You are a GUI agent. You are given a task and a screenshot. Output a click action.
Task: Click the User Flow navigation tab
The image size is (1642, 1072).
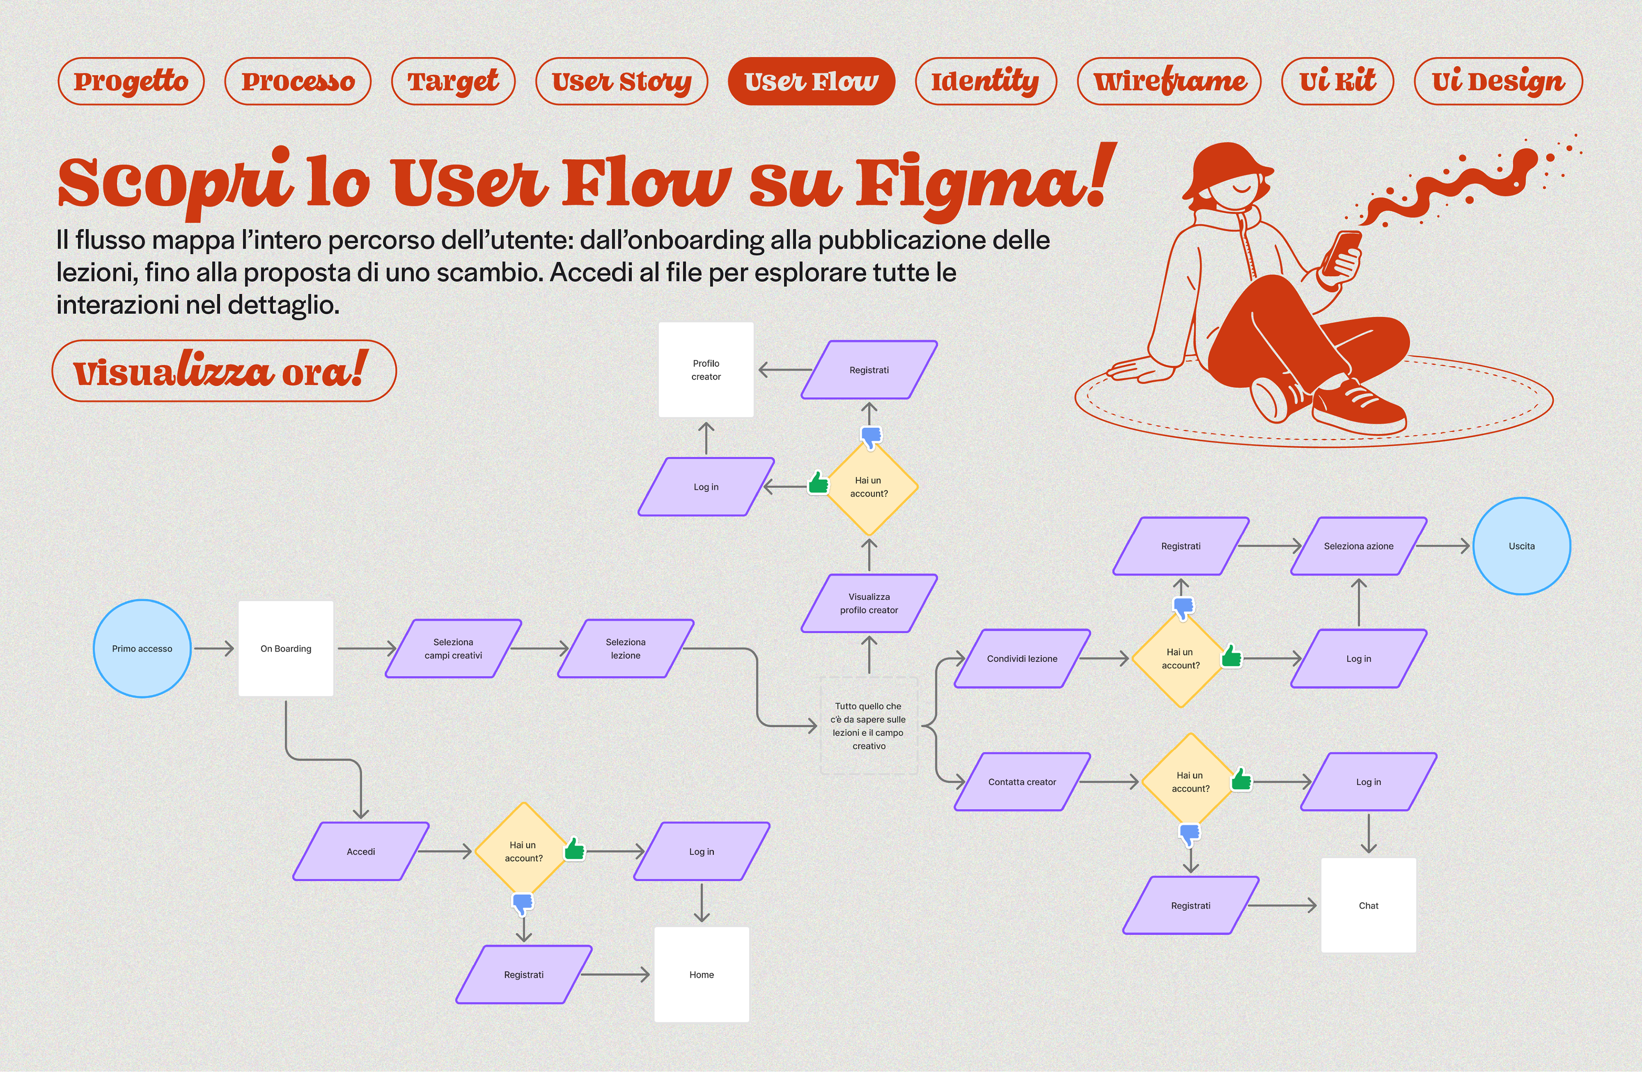click(x=811, y=81)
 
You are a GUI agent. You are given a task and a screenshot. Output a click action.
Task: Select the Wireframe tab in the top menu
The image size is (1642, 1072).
click(x=1169, y=81)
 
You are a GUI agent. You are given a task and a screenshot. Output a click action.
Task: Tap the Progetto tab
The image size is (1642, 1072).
click(x=131, y=81)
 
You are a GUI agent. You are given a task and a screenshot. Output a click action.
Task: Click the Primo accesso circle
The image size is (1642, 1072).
click(x=142, y=648)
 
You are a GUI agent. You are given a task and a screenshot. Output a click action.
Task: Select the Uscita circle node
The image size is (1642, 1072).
click(x=1521, y=546)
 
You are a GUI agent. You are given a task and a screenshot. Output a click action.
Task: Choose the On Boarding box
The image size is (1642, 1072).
click(x=286, y=648)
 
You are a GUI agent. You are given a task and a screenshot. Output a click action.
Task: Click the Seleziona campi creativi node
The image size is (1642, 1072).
click(x=453, y=648)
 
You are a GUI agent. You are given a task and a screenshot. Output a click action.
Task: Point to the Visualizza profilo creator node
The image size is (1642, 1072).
click(x=868, y=603)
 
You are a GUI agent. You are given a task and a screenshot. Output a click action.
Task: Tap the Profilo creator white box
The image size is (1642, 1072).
click(x=706, y=370)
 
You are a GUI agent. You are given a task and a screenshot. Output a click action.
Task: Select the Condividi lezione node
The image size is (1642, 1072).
click(x=1022, y=659)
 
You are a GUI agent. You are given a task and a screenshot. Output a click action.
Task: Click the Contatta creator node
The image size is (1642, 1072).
click(x=1022, y=782)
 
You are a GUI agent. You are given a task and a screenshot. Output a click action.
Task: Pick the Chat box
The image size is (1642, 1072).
click(x=1368, y=905)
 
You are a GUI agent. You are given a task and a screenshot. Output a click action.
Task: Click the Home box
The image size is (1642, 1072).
click(x=702, y=974)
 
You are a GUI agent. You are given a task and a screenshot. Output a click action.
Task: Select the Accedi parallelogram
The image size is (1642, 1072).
click(x=361, y=851)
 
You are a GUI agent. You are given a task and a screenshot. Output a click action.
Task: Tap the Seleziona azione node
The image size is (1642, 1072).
click(x=1358, y=546)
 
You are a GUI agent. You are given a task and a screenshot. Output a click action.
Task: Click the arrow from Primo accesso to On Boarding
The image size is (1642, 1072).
click(x=214, y=648)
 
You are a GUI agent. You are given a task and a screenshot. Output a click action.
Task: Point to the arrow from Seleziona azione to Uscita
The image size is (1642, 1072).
click(x=1443, y=546)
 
